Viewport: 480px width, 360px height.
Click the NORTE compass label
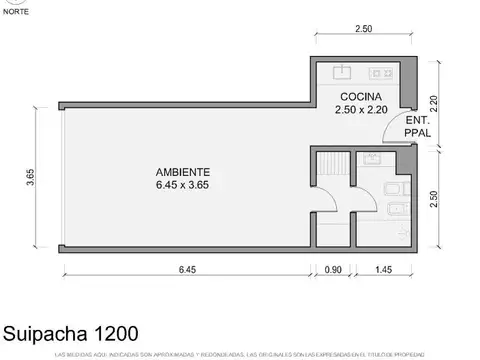click(15, 12)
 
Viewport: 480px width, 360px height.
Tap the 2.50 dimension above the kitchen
click(364, 30)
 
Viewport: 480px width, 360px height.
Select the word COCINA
click(359, 97)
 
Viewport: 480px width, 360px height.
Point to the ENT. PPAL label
click(418, 125)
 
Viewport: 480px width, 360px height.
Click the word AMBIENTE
click(183, 171)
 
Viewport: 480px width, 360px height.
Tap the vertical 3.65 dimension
click(31, 177)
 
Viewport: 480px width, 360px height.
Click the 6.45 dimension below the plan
click(187, 269)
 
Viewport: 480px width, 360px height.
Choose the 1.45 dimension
click(383, 269)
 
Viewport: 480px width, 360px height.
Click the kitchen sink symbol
click(343, 72)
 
